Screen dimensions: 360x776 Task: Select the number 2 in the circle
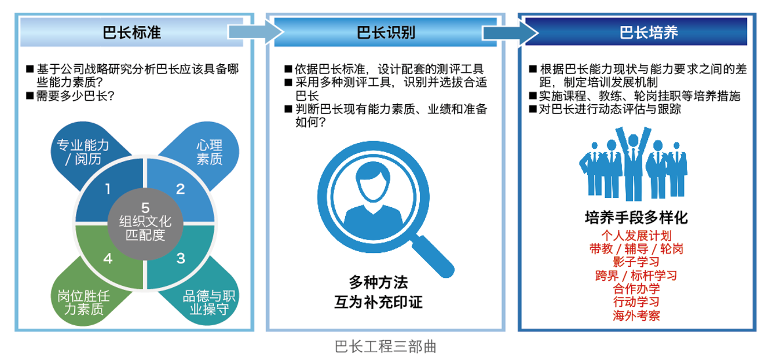point(180,189)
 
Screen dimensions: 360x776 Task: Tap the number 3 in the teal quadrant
point(180,258)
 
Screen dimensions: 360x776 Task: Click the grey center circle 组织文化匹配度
point(145,223)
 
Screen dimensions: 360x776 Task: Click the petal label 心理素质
point(209,151)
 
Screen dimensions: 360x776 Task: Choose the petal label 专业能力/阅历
point(81,151)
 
